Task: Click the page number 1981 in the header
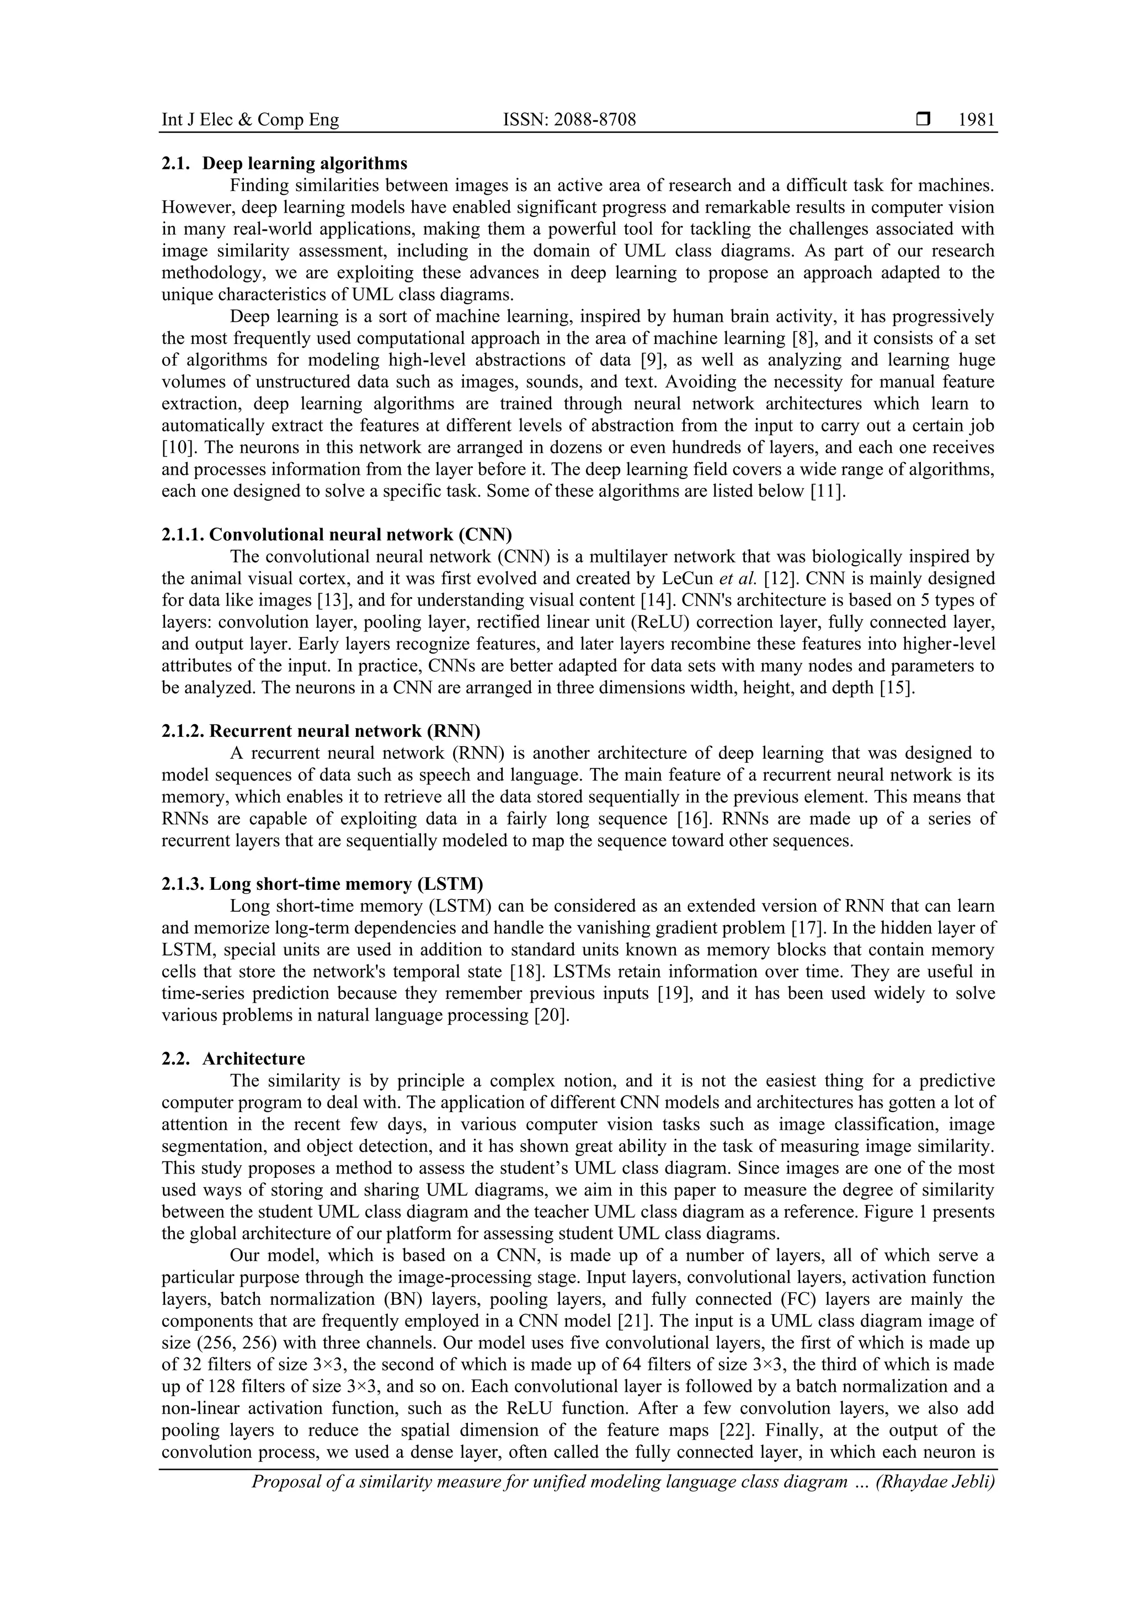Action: pos(976,120)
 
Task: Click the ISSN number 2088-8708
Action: pos(569,120)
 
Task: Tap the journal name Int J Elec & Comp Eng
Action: pos(250,120)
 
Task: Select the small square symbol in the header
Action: pos(923,120)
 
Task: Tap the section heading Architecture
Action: pos(253,1059)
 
